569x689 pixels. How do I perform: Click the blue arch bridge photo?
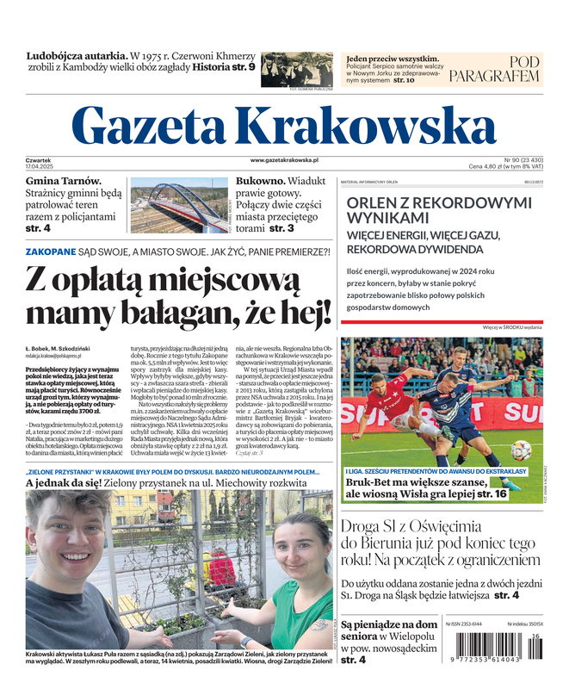pos(178,208)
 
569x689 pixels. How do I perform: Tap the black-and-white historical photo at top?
pos(296,68)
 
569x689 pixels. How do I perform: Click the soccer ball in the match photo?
pos(521,450)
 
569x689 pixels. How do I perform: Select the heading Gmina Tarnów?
pos(63,181)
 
